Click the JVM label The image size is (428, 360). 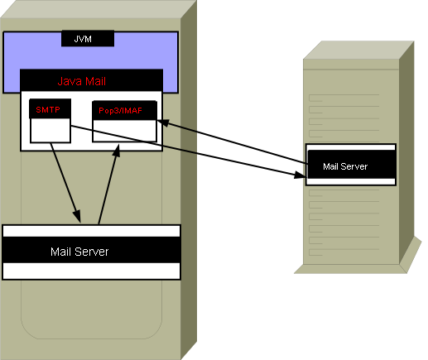[x=83, y=39]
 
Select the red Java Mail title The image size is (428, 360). [x=82, y=81]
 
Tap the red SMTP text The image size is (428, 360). [x=48, y=110]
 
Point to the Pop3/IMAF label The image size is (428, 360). [x=121, y=111]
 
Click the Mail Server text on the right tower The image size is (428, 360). [x=345, y=166]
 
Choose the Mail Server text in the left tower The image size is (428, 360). [x=79, y=252]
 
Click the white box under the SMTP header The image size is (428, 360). [x=50, y=131]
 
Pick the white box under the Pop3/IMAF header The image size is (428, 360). [x=124, y=131]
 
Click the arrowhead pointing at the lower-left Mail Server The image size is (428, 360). [x=77, y=216]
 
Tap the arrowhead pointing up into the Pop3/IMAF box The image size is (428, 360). [x=117, y=151]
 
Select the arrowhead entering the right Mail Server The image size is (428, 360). [x=301, y=175]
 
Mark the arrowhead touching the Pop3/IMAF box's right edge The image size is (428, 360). [x=163, y=122]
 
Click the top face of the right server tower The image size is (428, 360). [x=358, y=50]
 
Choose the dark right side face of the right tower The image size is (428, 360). [x=406, y=151]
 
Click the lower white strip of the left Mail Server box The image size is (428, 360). [x=91, y=271]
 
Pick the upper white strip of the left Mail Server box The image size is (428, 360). [x=91, y=231]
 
